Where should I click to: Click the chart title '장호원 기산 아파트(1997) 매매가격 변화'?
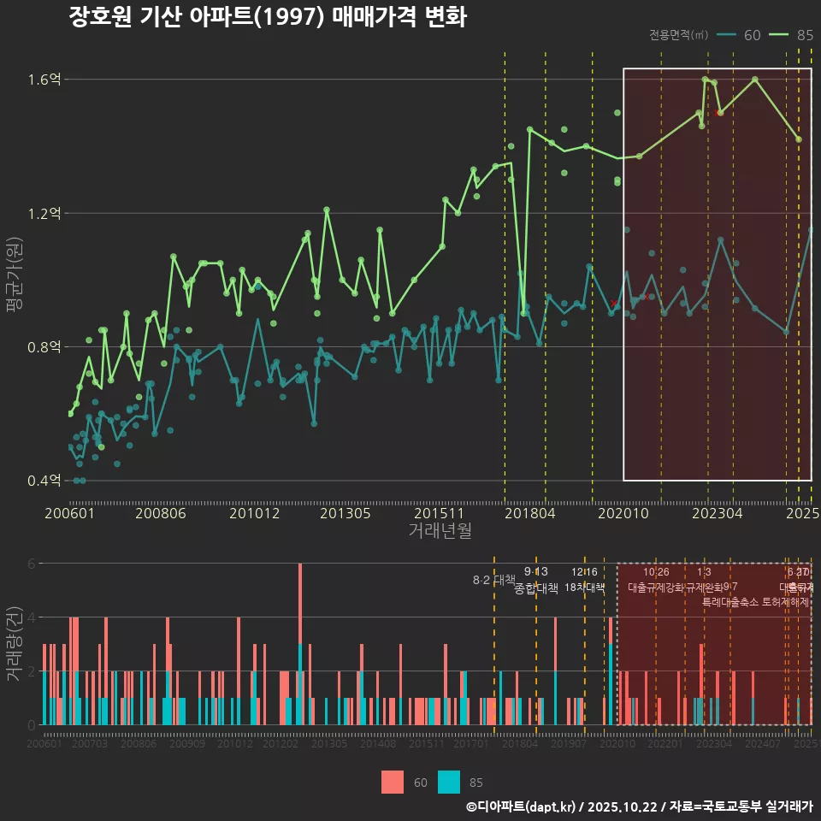pos(268,18)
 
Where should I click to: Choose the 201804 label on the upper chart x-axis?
pos(530,513)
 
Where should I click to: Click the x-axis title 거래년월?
pos(440,531)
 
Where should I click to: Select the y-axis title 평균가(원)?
pos(15,280)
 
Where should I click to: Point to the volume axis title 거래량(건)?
pos(15,643)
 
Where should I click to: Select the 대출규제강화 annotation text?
pos(655,588)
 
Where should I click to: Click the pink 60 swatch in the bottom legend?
pos(393,782)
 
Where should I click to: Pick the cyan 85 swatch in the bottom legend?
pos(449,782)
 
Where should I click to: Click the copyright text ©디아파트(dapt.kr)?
pos(522,806)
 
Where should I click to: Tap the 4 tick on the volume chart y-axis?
pos(31,617)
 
